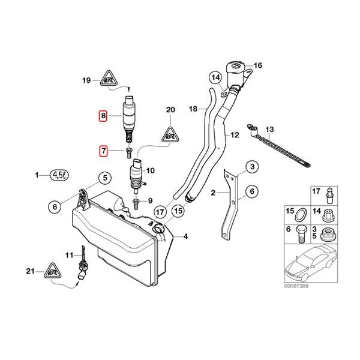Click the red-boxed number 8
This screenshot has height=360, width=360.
[103, 116]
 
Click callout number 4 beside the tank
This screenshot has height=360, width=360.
[185, 236]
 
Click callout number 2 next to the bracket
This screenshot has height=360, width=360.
[212, 193]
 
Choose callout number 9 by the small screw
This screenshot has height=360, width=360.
[150, 200]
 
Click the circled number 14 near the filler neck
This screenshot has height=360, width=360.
[215, 77]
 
